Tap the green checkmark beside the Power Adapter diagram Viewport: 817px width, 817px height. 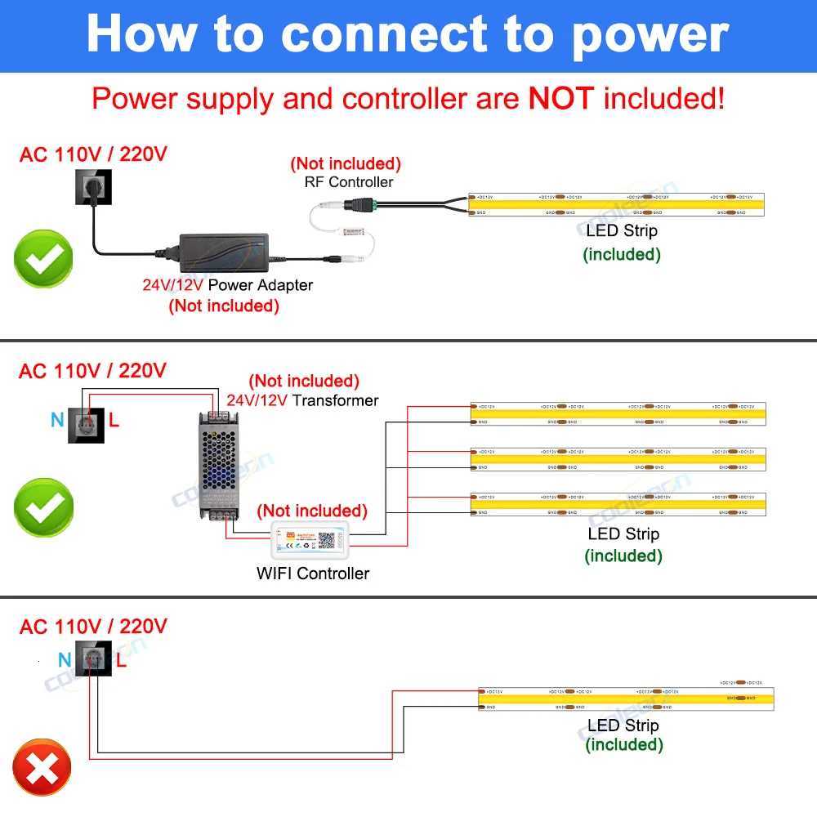point(43,260)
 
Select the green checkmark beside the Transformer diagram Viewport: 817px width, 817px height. point(43,507)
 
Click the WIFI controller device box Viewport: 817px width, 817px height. point(309,540)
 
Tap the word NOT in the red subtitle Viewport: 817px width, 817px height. point(561,99)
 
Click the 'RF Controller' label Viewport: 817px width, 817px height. point(349,182)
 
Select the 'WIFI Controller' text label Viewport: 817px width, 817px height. point(313,574)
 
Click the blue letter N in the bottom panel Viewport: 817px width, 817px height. point(65,660)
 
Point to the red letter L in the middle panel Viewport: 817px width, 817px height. point(114,421)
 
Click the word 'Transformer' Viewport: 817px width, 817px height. point(336,400)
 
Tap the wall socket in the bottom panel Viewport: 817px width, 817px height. point(93,659)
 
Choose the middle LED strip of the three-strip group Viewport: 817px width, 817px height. point(618,459)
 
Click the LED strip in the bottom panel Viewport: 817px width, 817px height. point(625,699)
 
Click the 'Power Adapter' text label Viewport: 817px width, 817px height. point(261,285)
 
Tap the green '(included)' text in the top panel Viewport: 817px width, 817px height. point(622,254)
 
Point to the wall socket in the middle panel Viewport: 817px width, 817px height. point(86,421)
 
